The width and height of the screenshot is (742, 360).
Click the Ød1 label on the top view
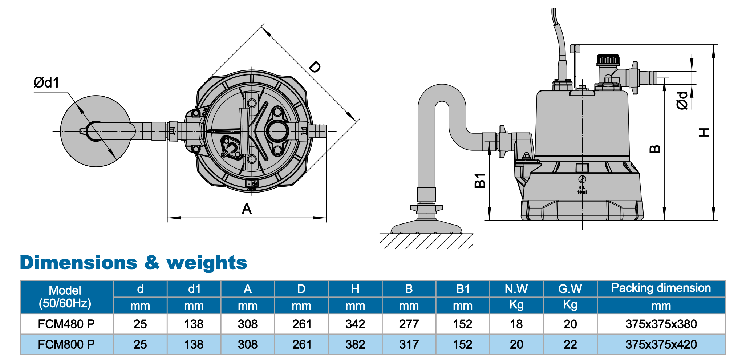46,82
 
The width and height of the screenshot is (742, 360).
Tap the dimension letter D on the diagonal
315,67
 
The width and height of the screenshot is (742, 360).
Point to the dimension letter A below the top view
247,209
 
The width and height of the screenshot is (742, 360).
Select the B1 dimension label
480,181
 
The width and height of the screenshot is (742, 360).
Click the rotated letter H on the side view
704,132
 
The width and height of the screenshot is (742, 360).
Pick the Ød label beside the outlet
682,101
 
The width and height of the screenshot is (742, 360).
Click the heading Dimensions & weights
133,263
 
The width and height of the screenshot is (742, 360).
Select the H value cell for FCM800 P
355,344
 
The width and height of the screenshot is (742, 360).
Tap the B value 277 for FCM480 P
409,324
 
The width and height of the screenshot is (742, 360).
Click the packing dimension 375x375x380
661,324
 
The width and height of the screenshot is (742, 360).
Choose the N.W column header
516,289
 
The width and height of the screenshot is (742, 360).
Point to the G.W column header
570,289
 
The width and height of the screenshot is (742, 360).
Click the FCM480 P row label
66,324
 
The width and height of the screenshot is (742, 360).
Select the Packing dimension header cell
661,288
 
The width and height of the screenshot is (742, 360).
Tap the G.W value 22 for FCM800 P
570,344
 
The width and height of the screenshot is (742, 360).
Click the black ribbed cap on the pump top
608,60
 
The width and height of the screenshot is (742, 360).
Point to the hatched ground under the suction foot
426,241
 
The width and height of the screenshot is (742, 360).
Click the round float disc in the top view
96,131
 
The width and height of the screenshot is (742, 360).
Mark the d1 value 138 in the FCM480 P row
194,324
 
